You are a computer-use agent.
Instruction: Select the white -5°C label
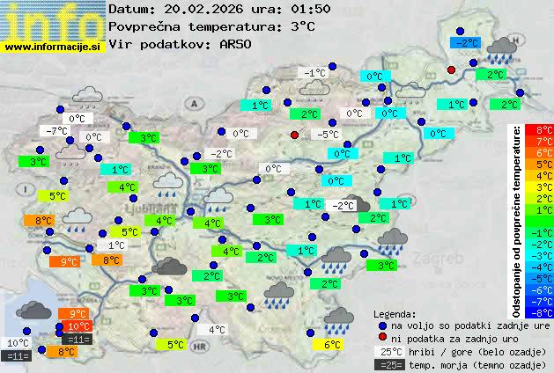tap(329, 135)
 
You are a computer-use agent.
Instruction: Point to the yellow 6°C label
tap(331, 345)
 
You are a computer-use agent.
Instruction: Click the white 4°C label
tap(217, 330)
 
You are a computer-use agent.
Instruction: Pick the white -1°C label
tap(313, 72)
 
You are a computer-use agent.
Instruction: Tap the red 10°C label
tap(78, 326)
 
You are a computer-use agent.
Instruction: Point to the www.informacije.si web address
tap(53, 48)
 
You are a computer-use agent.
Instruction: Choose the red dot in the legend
tap(381, 338)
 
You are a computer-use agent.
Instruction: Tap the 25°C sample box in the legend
tap(388, 351)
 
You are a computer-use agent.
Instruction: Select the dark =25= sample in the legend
tap(388, 364)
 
